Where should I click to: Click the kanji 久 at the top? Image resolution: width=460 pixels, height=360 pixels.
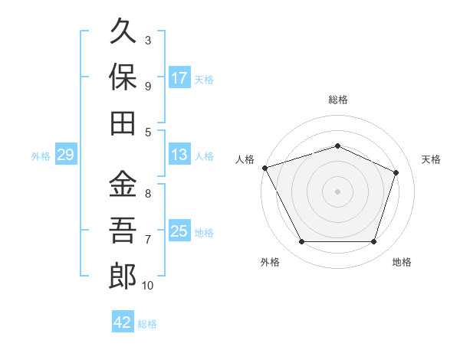[123, 31]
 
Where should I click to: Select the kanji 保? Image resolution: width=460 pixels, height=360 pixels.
[123, 77]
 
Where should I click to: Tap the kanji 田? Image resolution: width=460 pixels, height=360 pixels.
[123, 123]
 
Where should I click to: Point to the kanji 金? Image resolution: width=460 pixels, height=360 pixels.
[123, 183]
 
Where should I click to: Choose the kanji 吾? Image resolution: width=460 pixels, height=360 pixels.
[123, 230]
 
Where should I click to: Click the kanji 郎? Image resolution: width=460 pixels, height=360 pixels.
[123, 276]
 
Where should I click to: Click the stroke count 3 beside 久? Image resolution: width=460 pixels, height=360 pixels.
[148, 41]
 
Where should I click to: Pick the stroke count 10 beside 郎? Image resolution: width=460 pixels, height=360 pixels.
[147, 285]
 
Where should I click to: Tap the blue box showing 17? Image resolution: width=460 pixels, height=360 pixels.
[179, 77]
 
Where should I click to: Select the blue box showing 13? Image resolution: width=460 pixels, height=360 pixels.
[179, 154]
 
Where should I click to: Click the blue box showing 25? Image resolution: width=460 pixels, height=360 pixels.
[179, 230]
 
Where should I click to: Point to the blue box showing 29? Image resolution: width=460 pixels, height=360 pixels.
[66, 154]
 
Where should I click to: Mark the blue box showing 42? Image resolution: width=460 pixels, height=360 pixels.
[123, 321]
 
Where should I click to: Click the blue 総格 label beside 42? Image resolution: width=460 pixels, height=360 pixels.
[147, 324]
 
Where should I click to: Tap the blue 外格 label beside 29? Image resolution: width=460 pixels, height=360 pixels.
[41, 156]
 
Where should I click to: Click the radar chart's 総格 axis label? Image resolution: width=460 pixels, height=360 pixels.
[338, 100]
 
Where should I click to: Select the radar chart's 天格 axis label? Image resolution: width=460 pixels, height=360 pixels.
[431, 159]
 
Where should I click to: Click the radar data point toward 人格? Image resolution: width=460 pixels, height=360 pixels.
[265, 168]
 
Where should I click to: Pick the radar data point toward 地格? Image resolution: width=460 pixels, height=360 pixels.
[374, 242]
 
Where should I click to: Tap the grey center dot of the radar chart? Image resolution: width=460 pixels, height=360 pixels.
[337, 191]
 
